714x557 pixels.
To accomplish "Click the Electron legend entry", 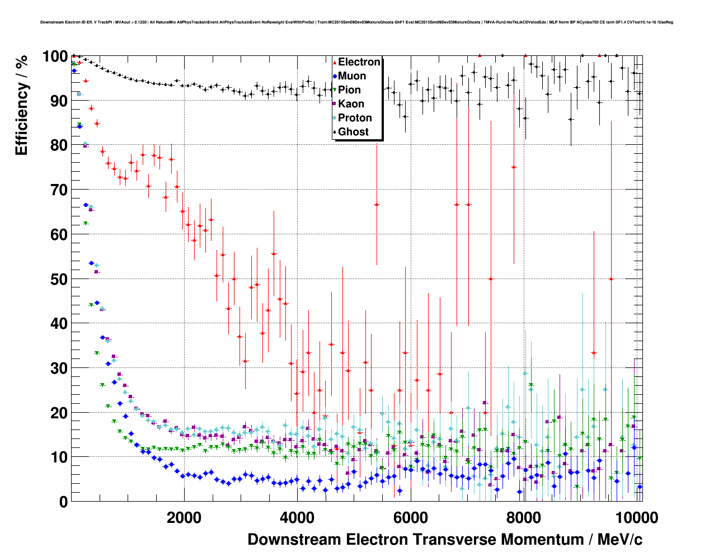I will (x=359, y=62).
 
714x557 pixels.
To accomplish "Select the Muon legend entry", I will (x=352, y=76).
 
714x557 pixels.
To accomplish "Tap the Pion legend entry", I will (x=349, y=90).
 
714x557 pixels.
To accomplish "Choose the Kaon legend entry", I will (x=351, y=104).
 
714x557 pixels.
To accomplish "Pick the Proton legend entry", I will (x=355, y=118).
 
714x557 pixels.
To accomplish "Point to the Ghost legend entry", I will (x=353, y=132).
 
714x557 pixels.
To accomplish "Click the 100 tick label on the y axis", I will (x=55, y=56).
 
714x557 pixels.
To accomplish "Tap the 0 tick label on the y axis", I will (x=63, y=502).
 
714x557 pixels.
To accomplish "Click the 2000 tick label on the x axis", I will (x=184, y=518).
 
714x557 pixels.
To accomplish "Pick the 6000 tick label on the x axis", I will (x=410, y=518).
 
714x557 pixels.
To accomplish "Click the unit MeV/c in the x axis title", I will (x=619, y=540).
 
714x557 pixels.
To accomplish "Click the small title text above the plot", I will (x=356, y=22).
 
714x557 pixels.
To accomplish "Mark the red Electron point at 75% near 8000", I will (x=514, y=167).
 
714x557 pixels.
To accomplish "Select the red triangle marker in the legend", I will (x=335, y=62).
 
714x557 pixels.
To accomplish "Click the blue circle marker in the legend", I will (x=335, y=76).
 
